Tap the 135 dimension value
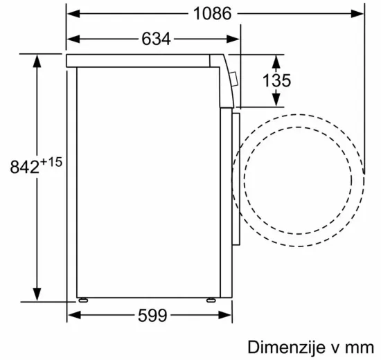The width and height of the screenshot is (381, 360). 277,80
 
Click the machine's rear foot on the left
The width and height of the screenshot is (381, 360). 85,300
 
